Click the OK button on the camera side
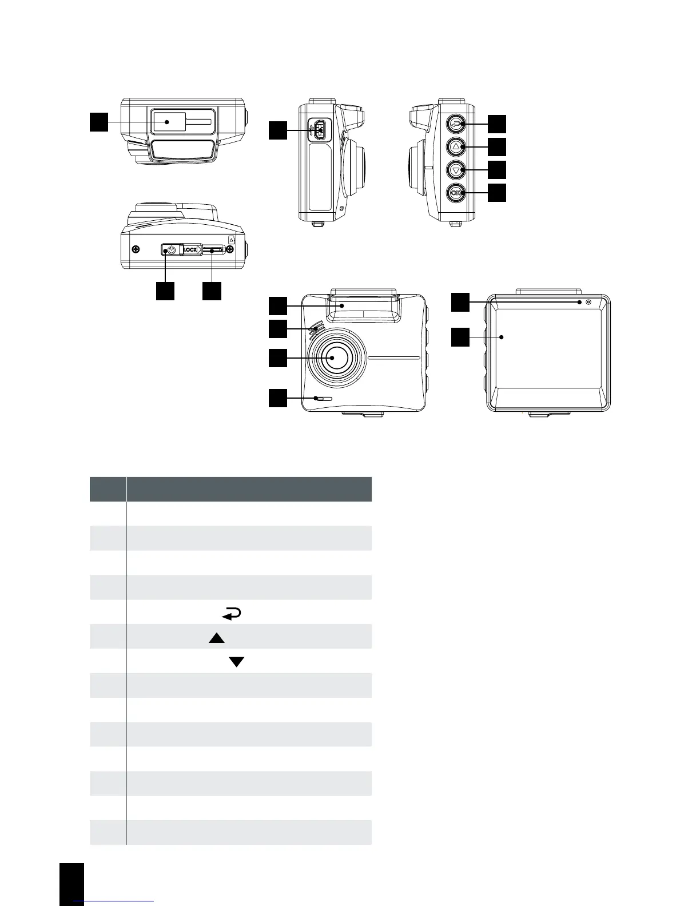[456, 193]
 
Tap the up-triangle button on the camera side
[456, 147]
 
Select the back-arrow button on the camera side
[456, 124]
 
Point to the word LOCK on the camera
[190, 250]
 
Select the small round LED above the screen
[580, 302]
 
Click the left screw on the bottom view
[136, 249]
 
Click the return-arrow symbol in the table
[231, 614]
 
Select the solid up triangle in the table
[216, 638]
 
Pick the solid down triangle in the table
[236, 662]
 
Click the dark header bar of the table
[230, 489]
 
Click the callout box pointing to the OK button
[497, 193]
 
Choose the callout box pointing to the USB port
[278, 130]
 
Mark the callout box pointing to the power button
[165, 291]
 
